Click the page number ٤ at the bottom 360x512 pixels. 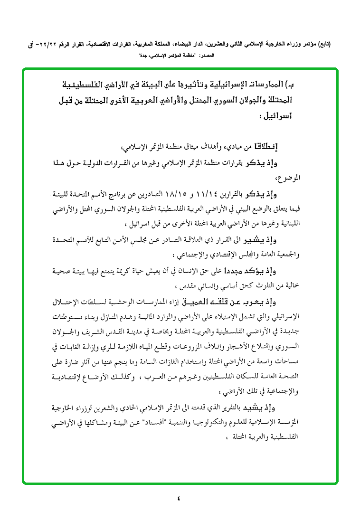179,498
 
